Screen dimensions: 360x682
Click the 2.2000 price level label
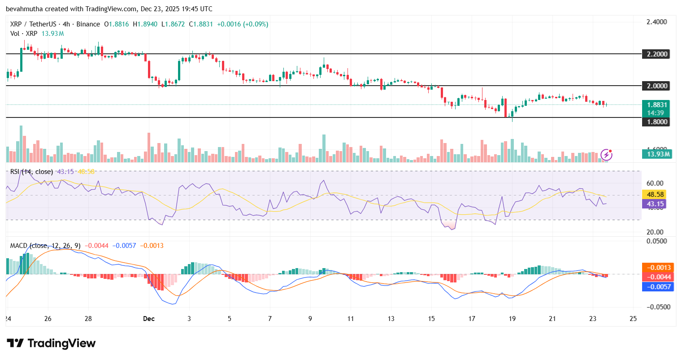pyautogui.click(x=657, y=54)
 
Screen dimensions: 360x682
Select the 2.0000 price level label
pyautogui.click(x=657, y=86)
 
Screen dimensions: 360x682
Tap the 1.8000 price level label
pyautogui.click(x=657, y=121)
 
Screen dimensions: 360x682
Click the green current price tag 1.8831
pyautogui.click(x=657, y=105)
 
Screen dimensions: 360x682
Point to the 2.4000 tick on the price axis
pyautogui.click(x=656, y=22)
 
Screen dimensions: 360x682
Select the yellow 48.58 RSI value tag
pyautogui.click(x=656, y=194)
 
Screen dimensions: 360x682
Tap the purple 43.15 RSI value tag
pyautogui.click(x=656, y=204)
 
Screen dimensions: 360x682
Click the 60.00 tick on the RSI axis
pyautogui.click(x=655, y=183)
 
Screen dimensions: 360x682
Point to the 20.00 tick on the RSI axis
pyautogui.click(x=655, y=232)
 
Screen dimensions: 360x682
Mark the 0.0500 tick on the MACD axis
pyautogui.click(x=657, y=241)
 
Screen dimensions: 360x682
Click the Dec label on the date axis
pyautogui.click(x=148, y=319)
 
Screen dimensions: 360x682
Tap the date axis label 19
pyautogui.click(x=512, y=319)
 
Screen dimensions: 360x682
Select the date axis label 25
pyautogui.click(x=633, y=319)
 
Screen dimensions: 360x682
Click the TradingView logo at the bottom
pyautogui.click(x=51, y=343)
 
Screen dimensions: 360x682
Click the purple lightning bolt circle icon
pyautogui.click(x=606, y=155)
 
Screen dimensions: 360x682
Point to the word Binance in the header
pyautogui.click(x=88, y=24)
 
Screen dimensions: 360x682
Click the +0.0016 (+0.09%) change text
pyautogui.click(x=243, y=24)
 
